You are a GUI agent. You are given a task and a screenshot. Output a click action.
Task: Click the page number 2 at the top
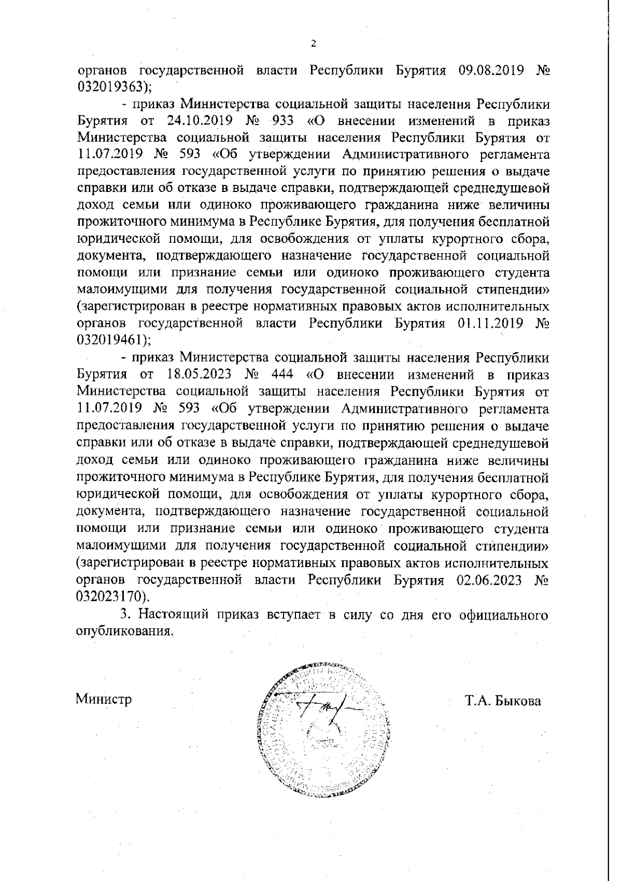[313, 44]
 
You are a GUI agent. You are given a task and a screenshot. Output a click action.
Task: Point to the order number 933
[284, 121]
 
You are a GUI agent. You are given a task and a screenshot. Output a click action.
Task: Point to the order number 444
[284, 374]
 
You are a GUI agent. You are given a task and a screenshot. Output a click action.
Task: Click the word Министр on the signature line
[104, 699]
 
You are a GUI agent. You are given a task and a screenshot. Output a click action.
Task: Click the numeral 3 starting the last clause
[124, 614]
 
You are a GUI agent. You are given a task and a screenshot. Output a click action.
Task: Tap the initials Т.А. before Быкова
[476, 701]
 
